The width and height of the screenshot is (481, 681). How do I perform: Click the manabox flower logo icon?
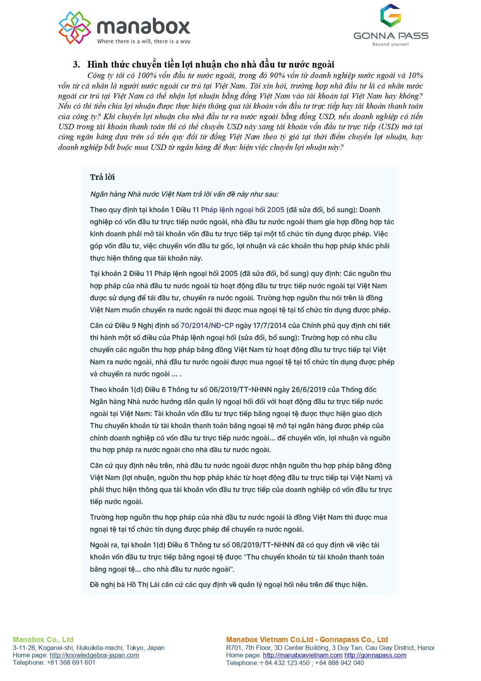pyautogui.click(x=74, y=28)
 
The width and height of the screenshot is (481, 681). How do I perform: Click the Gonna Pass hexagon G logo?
pyautogui.click(x=390, y=16)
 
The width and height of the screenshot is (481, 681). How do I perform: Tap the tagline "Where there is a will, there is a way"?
pyautogui.click(x=144, y=42)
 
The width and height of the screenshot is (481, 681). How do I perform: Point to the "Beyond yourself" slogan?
pyautogui.click(x=390, y=44)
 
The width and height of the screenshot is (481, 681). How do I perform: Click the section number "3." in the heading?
pyautogui.click(x=76, y=64)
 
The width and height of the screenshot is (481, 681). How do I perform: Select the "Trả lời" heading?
pyautogui.click(x=102, y=177)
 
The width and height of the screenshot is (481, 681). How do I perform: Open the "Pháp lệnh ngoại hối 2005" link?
pyautogui.click(x=242, y=210)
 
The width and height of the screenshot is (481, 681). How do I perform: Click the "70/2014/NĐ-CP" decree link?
pyautogui.click(x=207, y=325)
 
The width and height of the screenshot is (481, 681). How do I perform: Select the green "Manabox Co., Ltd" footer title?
pyautogui.click(x=43, y=639)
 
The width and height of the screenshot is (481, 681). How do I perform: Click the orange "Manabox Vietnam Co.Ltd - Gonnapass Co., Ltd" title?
pyautogui.click(x=307, y=639)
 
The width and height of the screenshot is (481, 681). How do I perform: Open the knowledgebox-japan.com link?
pyautogui.click(x=94, y=655)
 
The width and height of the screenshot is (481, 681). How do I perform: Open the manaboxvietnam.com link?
pyautogui.click(x=303, y=655)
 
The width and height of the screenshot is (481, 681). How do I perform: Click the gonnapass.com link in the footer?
pyautogui.click(x=375, y=655)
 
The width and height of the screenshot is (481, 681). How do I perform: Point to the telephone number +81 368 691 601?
pyautogui.click(x=71, y=662)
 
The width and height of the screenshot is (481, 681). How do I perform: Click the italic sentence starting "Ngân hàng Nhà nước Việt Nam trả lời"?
pyautogui.click(x=184, y=194)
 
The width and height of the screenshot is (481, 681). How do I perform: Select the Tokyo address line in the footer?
pyautogui.click(x=88, y=648)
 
